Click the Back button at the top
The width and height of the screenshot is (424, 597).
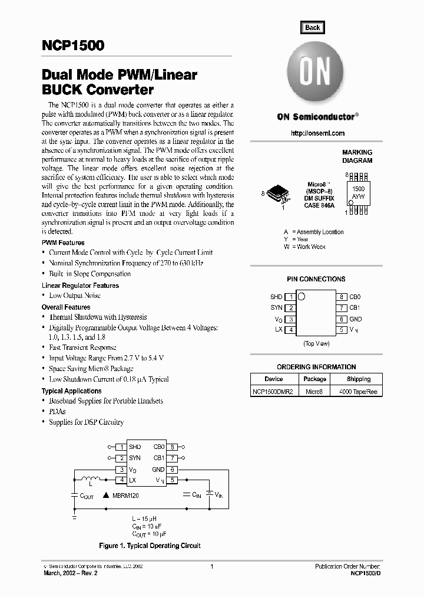[313, 27]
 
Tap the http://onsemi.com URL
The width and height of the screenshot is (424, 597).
[318, 133]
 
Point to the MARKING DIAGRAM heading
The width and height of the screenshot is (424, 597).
[357, 156]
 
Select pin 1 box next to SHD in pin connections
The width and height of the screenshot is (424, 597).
[290, 297]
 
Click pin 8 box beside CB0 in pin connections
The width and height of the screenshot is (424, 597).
[342, 297]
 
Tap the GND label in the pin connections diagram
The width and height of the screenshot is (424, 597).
[356, 319]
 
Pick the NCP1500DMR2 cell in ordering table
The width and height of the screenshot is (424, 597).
[274, 392]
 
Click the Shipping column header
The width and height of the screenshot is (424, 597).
[358, 379]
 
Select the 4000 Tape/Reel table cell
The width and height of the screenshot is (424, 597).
[358, 392]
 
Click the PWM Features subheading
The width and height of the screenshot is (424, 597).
[63, 242]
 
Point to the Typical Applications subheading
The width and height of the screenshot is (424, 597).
[71, 391]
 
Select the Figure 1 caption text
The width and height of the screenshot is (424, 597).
[150, 546]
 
